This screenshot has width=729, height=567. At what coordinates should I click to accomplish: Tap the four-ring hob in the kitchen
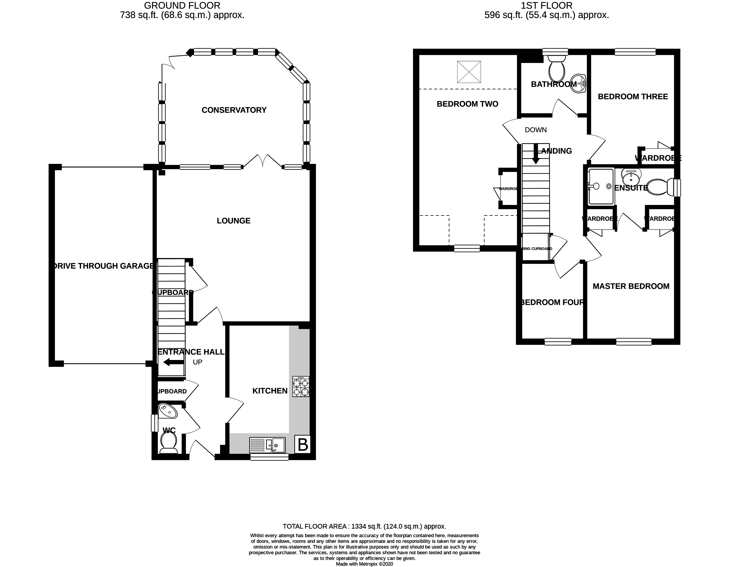301,387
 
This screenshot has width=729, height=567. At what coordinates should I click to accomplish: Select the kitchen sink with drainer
267,445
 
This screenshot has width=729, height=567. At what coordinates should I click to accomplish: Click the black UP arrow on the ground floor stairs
173,362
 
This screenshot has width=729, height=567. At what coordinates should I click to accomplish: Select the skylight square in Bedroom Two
469,72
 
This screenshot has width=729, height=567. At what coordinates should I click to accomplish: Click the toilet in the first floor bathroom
557,68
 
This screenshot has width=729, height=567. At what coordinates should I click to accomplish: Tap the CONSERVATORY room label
234,110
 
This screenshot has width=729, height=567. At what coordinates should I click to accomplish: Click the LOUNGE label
234,221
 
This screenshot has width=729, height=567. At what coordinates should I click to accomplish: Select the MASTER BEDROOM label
631,286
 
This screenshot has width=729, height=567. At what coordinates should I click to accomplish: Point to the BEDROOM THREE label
633,97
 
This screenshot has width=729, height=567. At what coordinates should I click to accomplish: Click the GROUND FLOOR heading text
182,6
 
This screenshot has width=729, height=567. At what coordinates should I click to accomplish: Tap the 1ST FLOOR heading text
547,6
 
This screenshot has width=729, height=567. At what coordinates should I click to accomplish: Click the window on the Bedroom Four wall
558,341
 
